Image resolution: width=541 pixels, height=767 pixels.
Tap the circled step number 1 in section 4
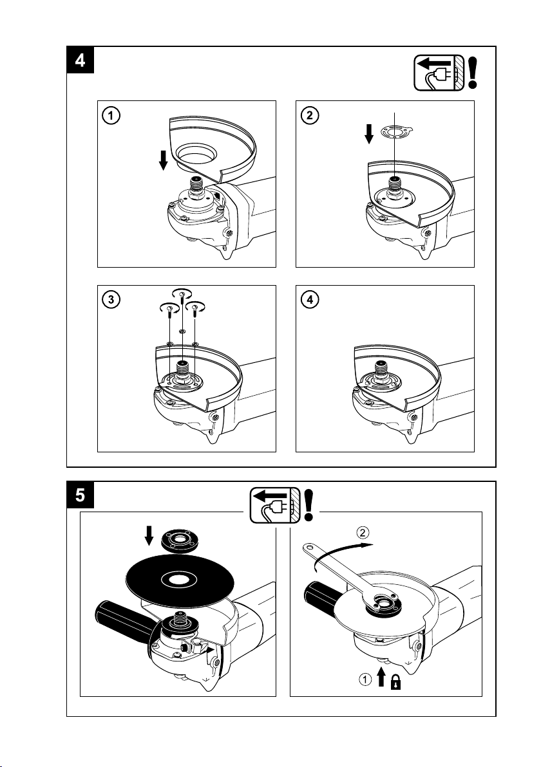(112, 116)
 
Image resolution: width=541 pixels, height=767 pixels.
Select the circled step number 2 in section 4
(310, 116)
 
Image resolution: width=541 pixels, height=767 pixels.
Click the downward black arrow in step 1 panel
(164, 160)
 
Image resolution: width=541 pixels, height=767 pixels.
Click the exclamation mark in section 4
(474, 71)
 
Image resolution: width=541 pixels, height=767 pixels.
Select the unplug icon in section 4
(436, 71)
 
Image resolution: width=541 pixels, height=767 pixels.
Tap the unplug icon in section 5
(274, 504)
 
